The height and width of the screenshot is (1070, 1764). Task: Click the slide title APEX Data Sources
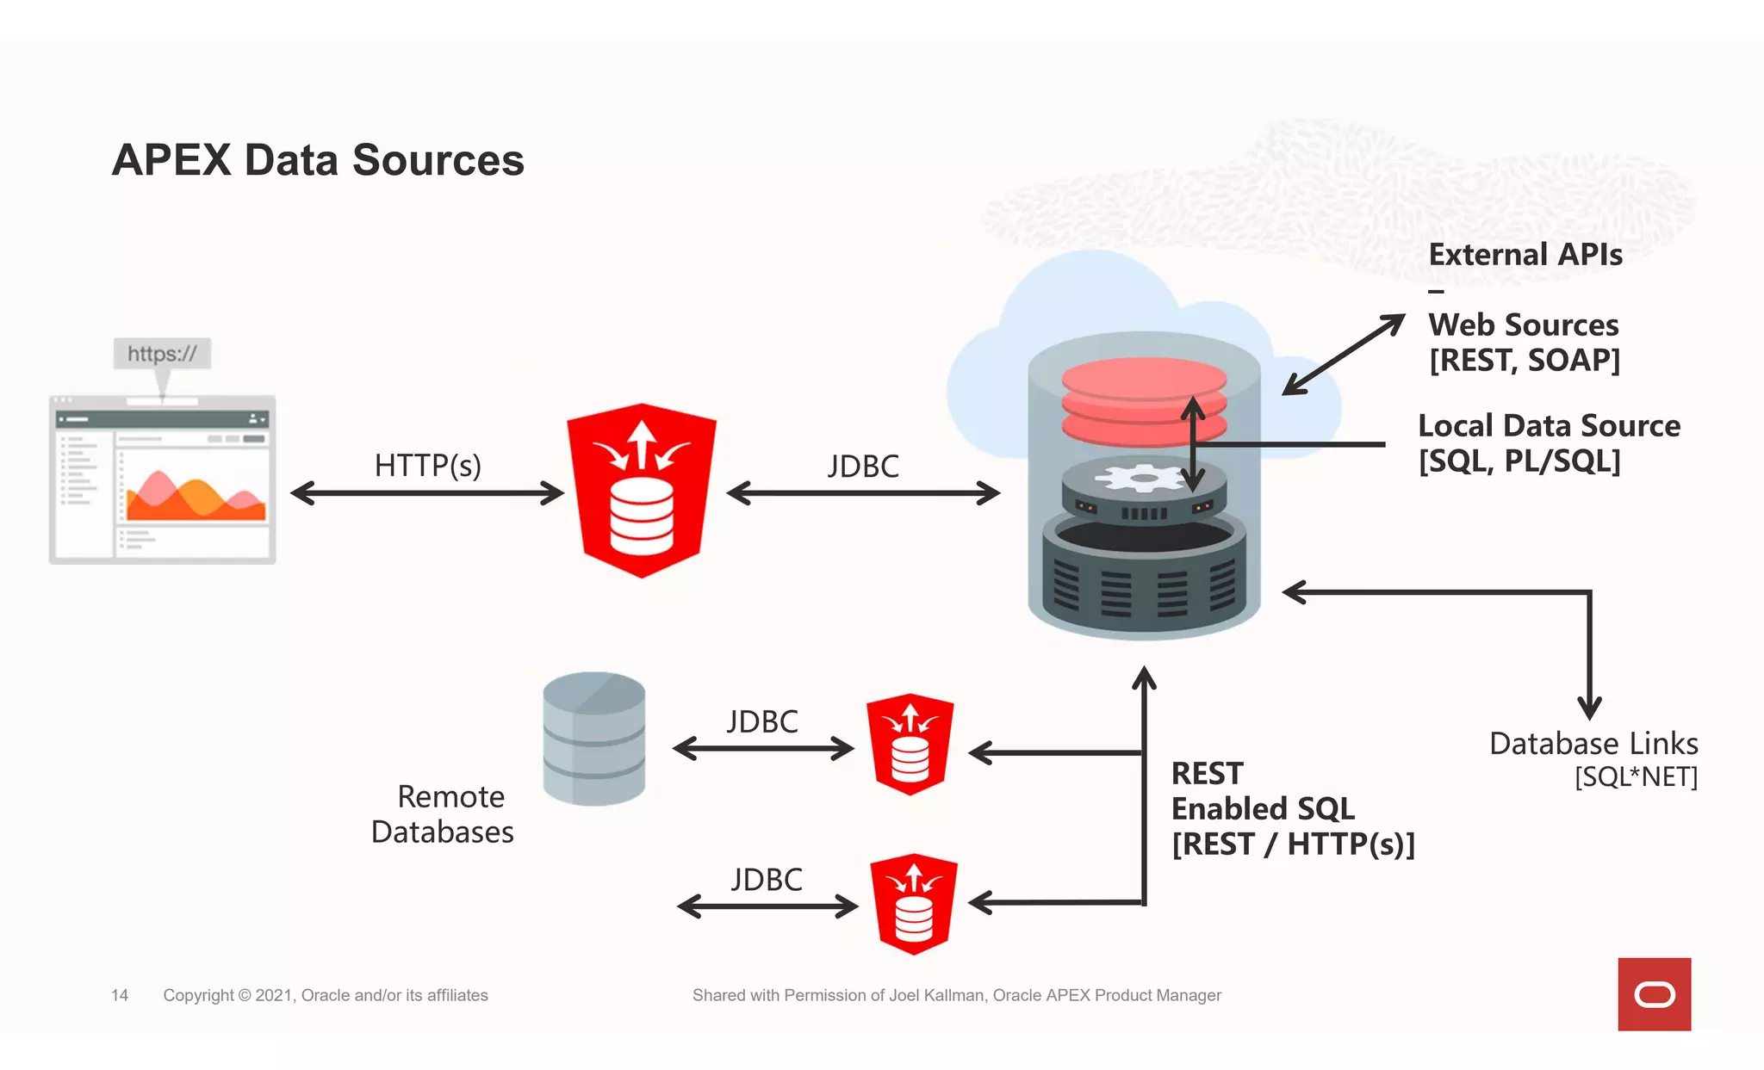(x=318, y=160)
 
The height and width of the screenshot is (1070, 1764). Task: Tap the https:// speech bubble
(x=162, y=354)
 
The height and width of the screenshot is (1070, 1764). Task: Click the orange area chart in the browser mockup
(x=196, y=498)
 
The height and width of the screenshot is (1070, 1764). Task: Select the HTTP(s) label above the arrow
(x=427, y=466)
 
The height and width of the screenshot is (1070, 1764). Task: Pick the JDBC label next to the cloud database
(x=863, y=467)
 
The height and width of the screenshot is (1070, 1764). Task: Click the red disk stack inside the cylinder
(x=1144, y=400)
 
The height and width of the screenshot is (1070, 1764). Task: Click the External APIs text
(x=1525, y=255)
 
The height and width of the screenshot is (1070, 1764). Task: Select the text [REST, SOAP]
(x=1525, y=360)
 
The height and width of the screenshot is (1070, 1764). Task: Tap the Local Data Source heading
(x=1549, y=426)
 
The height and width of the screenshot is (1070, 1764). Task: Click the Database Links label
(x=1593, y=743)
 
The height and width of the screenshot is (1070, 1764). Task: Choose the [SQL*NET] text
(x=1636, y=777)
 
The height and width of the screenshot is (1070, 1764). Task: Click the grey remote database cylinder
(x=594, y=739)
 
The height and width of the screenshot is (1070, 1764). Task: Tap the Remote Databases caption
(x=443, y=814)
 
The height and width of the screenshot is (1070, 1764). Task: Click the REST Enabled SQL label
(x=1263, y=792)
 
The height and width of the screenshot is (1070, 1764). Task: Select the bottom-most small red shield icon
(x=914, y=904)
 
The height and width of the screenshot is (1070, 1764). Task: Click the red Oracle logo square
(x=1654, y=994)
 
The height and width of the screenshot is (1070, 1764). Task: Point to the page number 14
(x=120, y=995)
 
